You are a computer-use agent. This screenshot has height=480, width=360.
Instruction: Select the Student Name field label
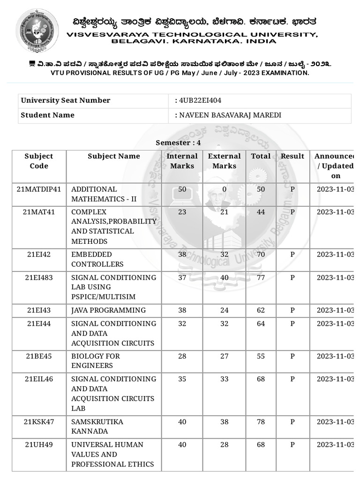[47, 115]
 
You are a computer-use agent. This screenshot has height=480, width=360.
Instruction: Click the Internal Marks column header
[182, 161]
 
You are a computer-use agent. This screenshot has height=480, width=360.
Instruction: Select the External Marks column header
[224, 161]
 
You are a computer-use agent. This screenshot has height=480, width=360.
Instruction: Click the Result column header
[292, 156]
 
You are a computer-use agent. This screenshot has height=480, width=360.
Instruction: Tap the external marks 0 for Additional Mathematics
[224, 189]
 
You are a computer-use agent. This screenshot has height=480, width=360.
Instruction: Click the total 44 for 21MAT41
[261, 212]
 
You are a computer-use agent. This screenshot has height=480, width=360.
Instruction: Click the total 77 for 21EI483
[261, 277]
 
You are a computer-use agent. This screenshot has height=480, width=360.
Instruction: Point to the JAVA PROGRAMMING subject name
[108, 310]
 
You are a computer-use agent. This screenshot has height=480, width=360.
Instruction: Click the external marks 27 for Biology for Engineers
[224, 356]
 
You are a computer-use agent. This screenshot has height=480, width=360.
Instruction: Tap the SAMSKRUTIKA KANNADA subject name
[97, 427]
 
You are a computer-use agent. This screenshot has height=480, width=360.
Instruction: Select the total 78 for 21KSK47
[261, 422]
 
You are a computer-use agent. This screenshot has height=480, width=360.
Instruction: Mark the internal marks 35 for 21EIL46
[182, 379]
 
